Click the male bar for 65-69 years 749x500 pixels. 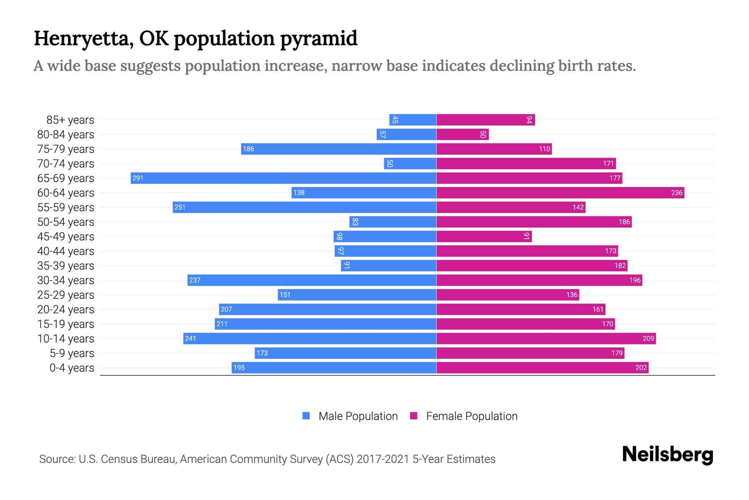[x=283, y=178]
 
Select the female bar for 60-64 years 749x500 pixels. [x=560, y=193]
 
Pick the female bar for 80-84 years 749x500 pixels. [x=462, y=135]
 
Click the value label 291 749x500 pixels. [x=138, y=178]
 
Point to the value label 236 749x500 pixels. [x=677, y=193]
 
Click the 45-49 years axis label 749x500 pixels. [x=66, y=237]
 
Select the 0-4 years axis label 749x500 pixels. [x=72, y=368]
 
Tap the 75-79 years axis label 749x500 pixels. [x=66, y=149]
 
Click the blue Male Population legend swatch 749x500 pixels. [x=306, y=416]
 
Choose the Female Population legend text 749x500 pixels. [x=471, y=416]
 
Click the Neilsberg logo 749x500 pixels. [x=667, y=455]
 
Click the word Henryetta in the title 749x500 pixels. [x=83, y=39]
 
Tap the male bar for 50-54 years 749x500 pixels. [x=393, y=222]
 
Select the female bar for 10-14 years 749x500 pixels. [x=546, y=339]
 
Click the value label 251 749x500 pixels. [x=180, y=207]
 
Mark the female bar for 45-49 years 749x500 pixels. [x=484, y=237]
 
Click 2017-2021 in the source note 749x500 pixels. [x=383, y=459]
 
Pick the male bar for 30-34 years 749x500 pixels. [x=312, y=280]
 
